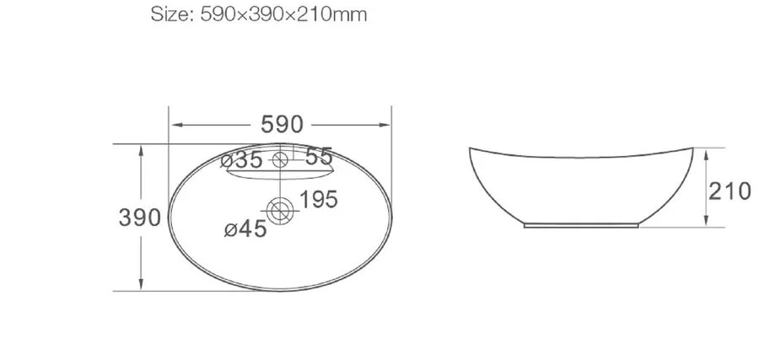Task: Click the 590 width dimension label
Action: click(281, 126)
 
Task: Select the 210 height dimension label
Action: click(729, 191)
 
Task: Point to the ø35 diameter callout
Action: click(243, 159)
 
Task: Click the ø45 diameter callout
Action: click(245, 228)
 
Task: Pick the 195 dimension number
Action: click(318, 200)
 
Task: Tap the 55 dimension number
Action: click(319, 157)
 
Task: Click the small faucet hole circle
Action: click(281, 159)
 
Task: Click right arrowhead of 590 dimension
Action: click(390, 126)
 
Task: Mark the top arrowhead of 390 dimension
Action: click(140, 148)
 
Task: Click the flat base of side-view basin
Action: click(582, 226)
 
